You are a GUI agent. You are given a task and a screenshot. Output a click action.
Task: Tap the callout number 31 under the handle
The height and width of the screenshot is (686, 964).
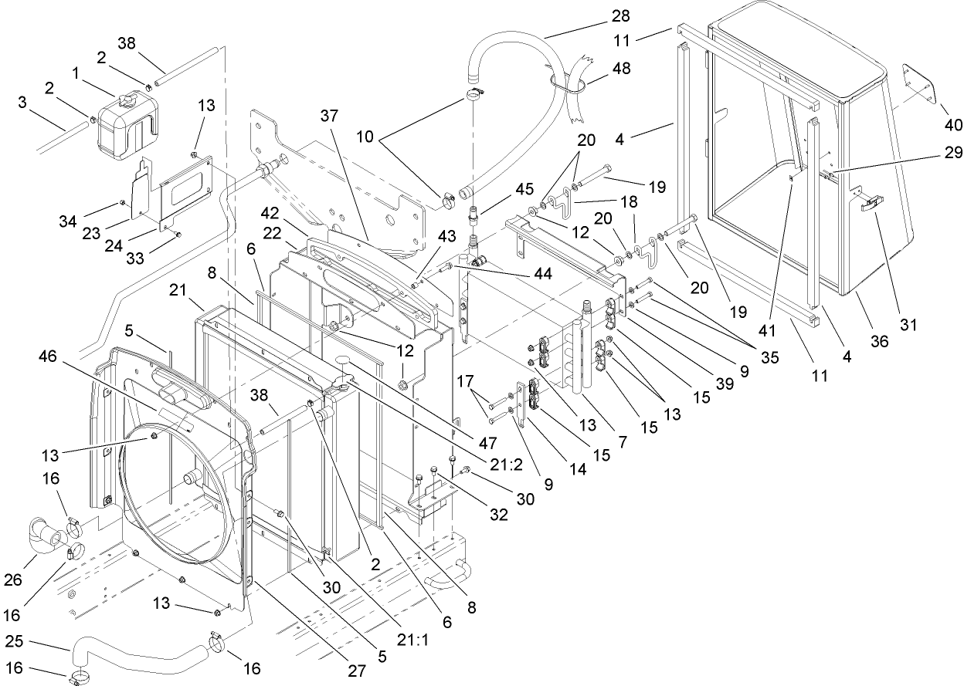pyautogui.click(x=908, y=325)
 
